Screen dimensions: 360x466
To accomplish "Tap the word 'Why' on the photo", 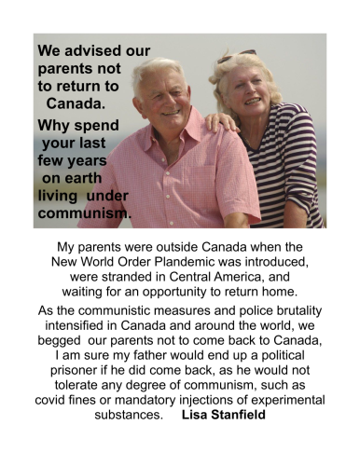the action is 54,124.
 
